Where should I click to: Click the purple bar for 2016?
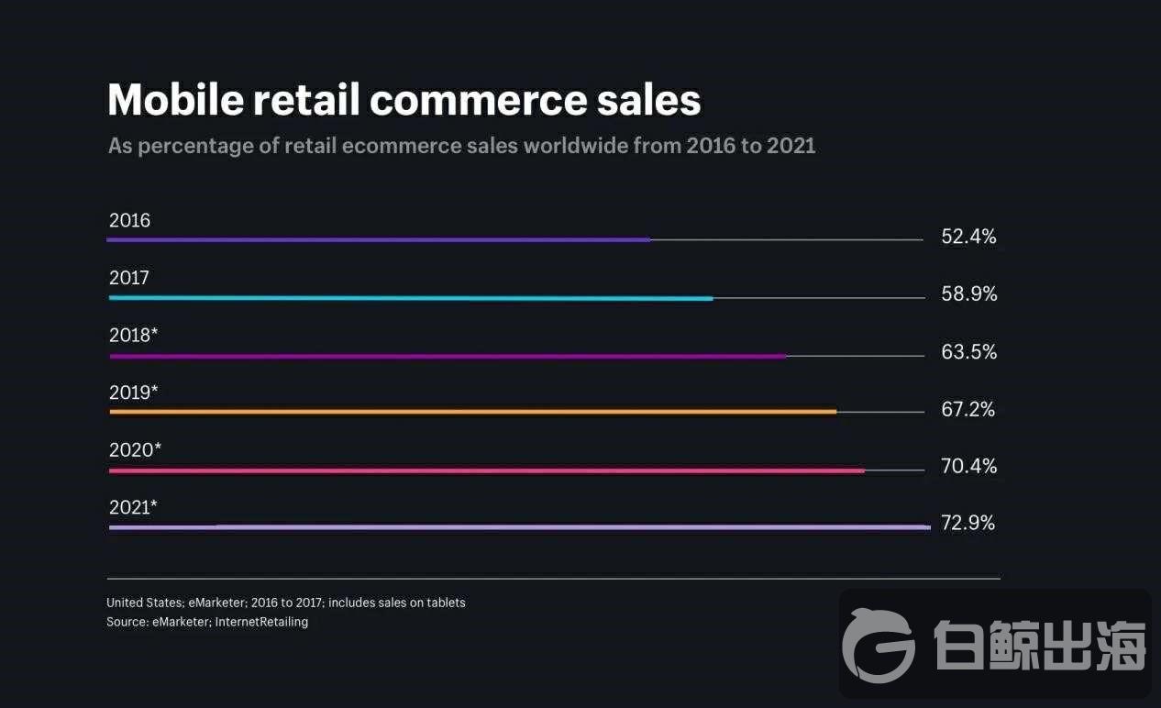point(379,240)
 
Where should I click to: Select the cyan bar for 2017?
point(411,298)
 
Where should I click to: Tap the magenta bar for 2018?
point(448,356)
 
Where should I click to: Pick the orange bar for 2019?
point(473,412)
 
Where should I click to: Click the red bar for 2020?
point(487,470)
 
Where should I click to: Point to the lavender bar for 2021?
point(520,527)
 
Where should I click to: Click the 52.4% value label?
point(968,237)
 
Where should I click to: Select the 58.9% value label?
point(969,293)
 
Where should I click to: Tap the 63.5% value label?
point(969,352)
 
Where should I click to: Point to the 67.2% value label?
point(968,409)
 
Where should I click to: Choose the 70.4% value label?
point(968,466)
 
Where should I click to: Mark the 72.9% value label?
point(968,523)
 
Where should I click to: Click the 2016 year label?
point(129,220)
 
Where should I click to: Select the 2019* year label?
point(133,393)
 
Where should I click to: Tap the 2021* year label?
point(133,507)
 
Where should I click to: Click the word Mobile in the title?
point(176,99)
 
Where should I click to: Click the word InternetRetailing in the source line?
point(261,622)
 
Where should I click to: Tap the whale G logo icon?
point(879,646)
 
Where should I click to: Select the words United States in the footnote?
point(145,603)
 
